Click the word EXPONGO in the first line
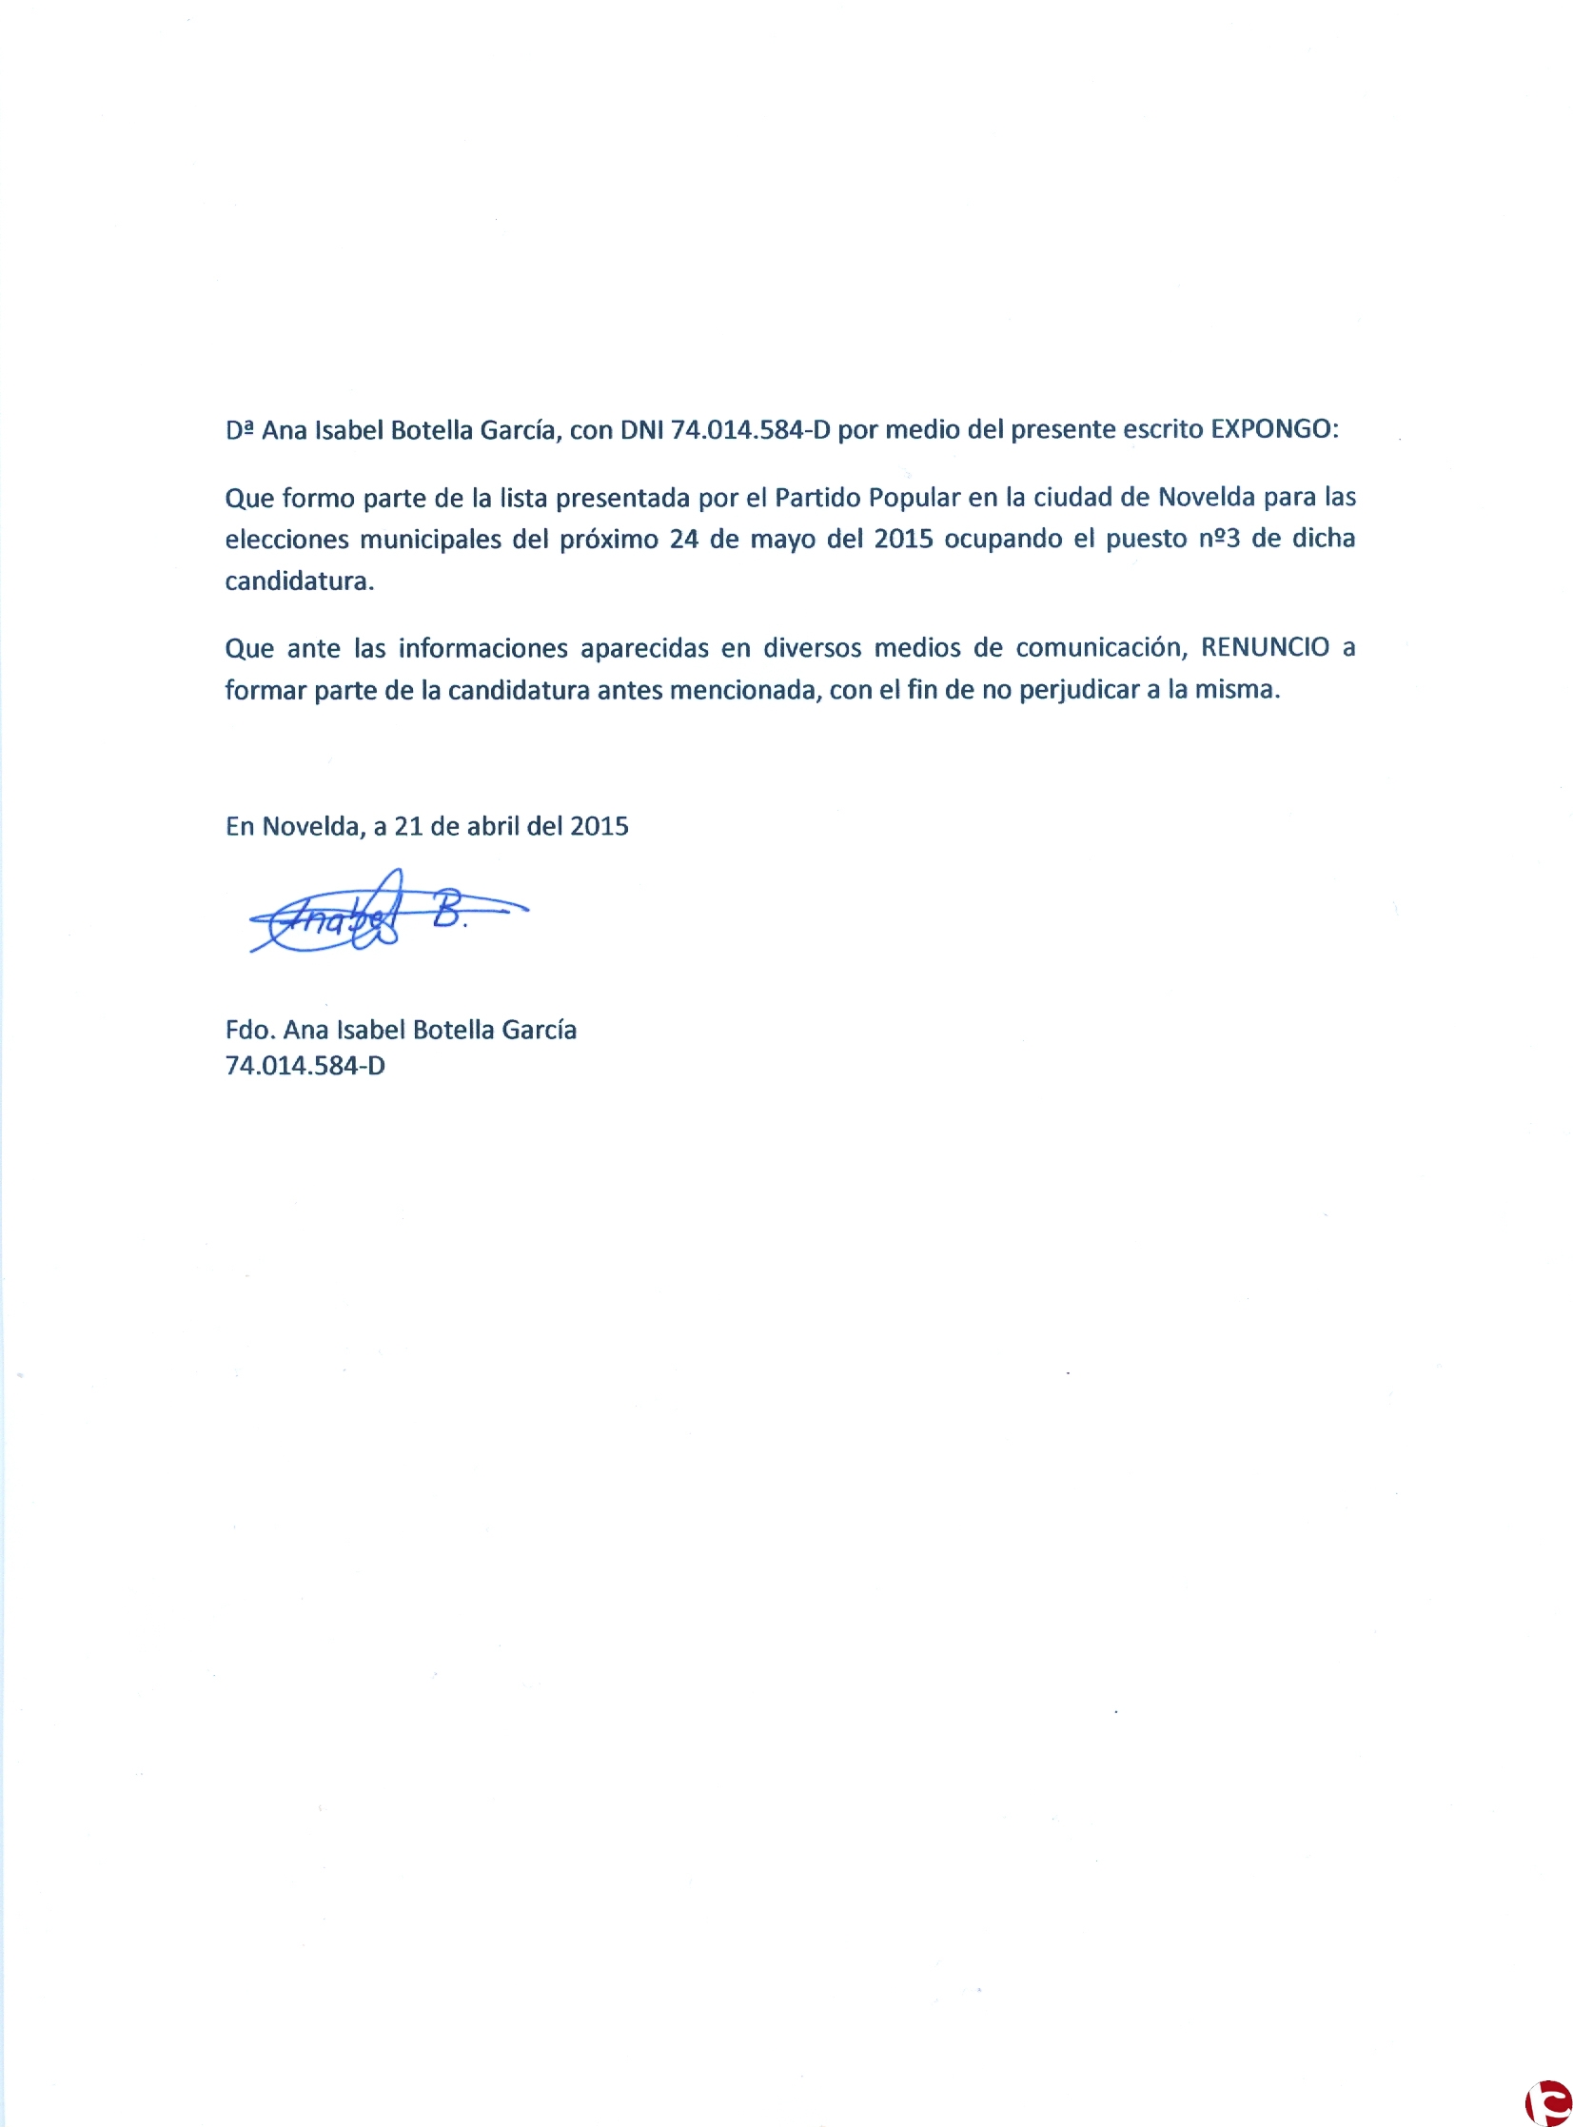tap(1273, 429)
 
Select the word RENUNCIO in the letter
tap(1265, 647)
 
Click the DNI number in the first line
tap(750, 430)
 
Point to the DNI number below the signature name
tap(305, 1066)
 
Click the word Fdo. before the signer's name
tap(249, 1030)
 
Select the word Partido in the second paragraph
tap(817, 498)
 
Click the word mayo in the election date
tap(783, 540)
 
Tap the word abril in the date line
tap(493, 826)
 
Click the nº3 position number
tap(1220, 539)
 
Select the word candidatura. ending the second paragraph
tap(299, 581)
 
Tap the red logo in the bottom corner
tap(1548, 2102)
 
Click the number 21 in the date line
tap(407, 826)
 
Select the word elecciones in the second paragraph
tap(286, 540)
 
